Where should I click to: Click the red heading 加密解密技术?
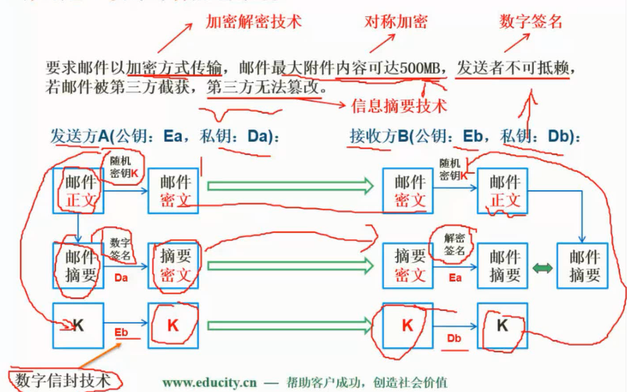(x=253, y=21)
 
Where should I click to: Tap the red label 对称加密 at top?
(x=396, y=21)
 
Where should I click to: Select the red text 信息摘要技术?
(x=398, y=105)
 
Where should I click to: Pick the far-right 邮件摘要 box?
(x=584, y=266)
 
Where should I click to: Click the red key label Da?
(x=120, y=278)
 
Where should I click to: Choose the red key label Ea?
(x=455, y=276)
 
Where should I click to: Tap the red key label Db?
(x=455, y=338)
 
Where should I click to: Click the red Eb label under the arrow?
(x=121, y=332)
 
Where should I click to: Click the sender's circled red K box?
(x=172, y=326)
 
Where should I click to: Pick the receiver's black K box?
(x=502, y=326)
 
